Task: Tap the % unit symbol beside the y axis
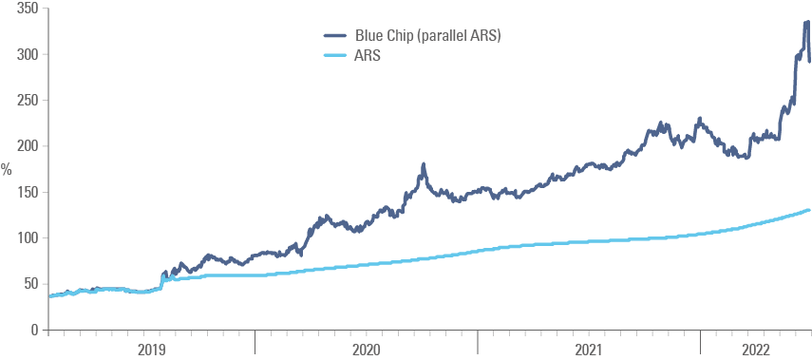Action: (x=6, y=170)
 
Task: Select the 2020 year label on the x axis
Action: (x=367, y=350)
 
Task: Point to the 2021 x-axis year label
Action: (x=589, y=350)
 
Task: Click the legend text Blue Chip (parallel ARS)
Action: (x=427, y=36)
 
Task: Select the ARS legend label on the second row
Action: (x=368, y=55)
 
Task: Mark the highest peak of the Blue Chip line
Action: (x=806, y=23)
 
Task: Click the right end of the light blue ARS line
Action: (x=808, y=210)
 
